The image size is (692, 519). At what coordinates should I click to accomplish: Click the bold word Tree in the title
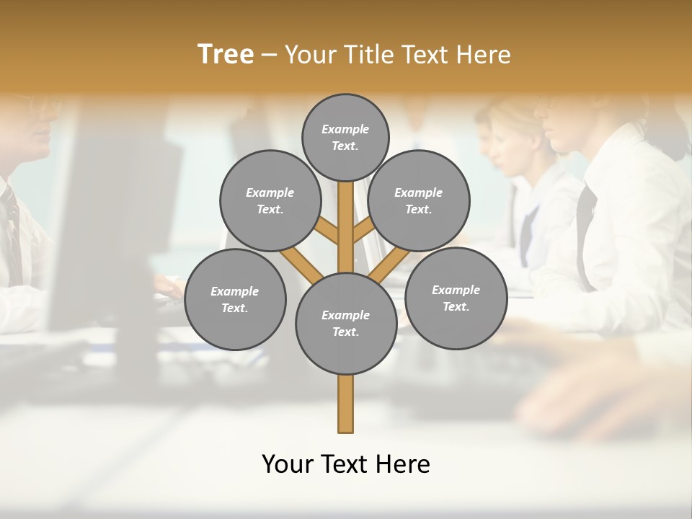[x=226, y=54]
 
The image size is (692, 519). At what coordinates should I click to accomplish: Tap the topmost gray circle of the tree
[x=345, y=137]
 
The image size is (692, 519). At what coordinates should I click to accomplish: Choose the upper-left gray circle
[x=270, y=200]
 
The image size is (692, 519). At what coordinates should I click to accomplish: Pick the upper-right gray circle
[x=419, y=200]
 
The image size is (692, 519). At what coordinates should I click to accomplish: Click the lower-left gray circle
[x=235, y=299]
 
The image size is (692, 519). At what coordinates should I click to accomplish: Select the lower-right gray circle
[x=456, y=298]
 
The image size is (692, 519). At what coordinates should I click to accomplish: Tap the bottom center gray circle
[x=346, y=324]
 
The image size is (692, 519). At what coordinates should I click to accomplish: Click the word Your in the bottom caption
[x=288, y=463]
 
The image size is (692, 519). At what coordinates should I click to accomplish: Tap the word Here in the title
[x=484, y=54]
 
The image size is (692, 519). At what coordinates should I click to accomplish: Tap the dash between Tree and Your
[x=269, y=55]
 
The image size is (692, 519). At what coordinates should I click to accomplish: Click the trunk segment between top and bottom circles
[x=346, y=227]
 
